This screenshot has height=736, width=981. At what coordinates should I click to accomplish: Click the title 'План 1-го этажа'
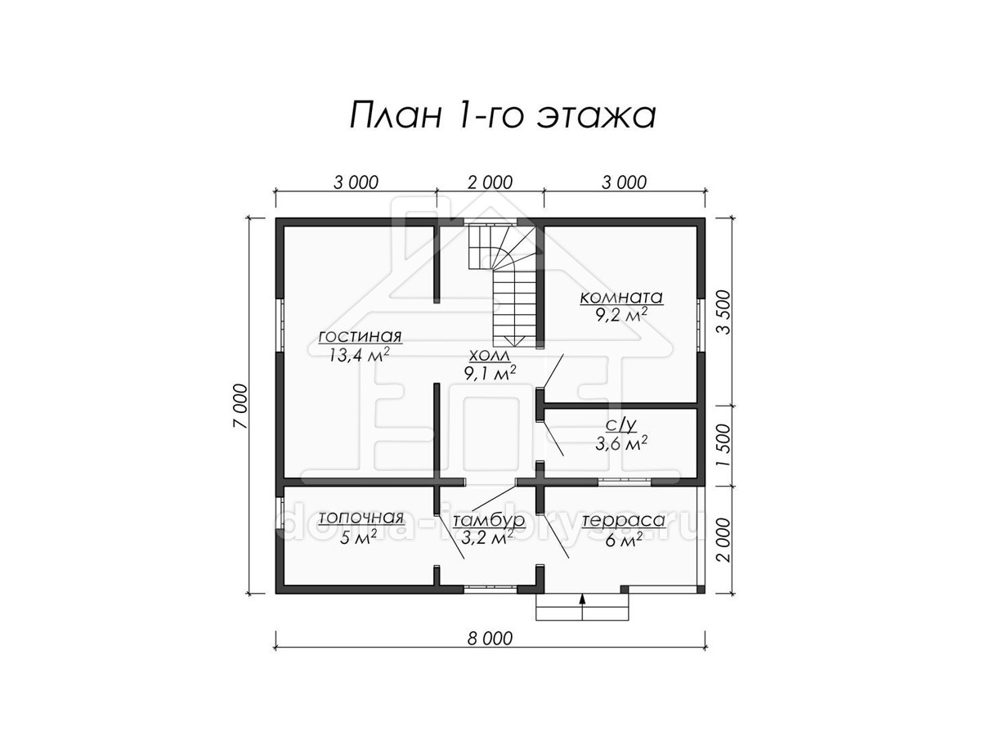502,116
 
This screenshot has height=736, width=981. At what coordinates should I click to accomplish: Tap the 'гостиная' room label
361,335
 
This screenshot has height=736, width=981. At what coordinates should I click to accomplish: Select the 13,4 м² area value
360,355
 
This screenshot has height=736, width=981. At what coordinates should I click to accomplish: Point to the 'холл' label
490,356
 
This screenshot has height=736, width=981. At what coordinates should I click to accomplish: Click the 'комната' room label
621,297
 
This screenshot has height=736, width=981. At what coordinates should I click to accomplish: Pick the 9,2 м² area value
621,316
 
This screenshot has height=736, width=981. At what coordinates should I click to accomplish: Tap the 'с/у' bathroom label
621,425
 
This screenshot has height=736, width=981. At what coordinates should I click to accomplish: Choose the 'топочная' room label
361,518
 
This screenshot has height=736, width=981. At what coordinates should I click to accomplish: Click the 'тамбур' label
489,521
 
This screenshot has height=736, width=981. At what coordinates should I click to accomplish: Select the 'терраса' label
624,521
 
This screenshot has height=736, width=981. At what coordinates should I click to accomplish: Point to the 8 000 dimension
490,639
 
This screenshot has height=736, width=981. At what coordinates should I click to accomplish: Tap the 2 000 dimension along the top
490,182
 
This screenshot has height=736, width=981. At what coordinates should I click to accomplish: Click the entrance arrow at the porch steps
582,606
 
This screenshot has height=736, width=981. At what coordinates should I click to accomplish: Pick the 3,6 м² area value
621,444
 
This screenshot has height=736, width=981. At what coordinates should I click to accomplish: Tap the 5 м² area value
359,537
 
